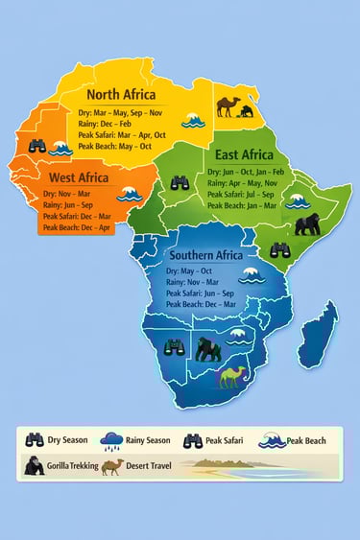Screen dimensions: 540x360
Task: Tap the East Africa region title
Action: [x=243, y=155]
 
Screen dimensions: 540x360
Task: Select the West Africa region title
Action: [x=79, y=177]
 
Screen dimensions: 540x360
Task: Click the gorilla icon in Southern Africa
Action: [x=207, y=347]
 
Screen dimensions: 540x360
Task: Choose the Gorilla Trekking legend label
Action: [x=70, y=467]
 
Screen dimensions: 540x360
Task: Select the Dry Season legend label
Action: [x=67, y=440]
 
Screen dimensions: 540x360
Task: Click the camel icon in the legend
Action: [x=111, y=466]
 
